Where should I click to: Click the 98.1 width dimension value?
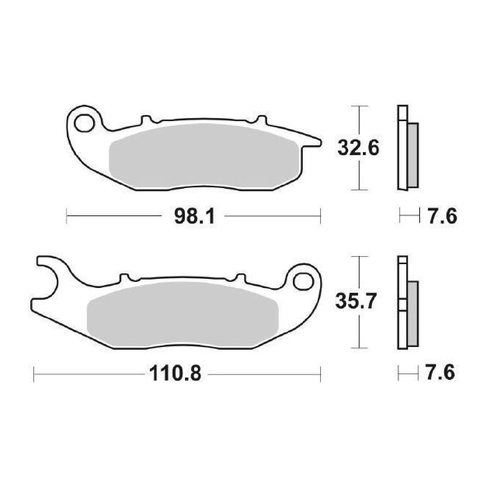(194, 216)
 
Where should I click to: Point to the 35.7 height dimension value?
(356, 300)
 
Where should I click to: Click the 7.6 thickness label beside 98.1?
(442, 216)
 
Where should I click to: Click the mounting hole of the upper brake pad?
(84, 123)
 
